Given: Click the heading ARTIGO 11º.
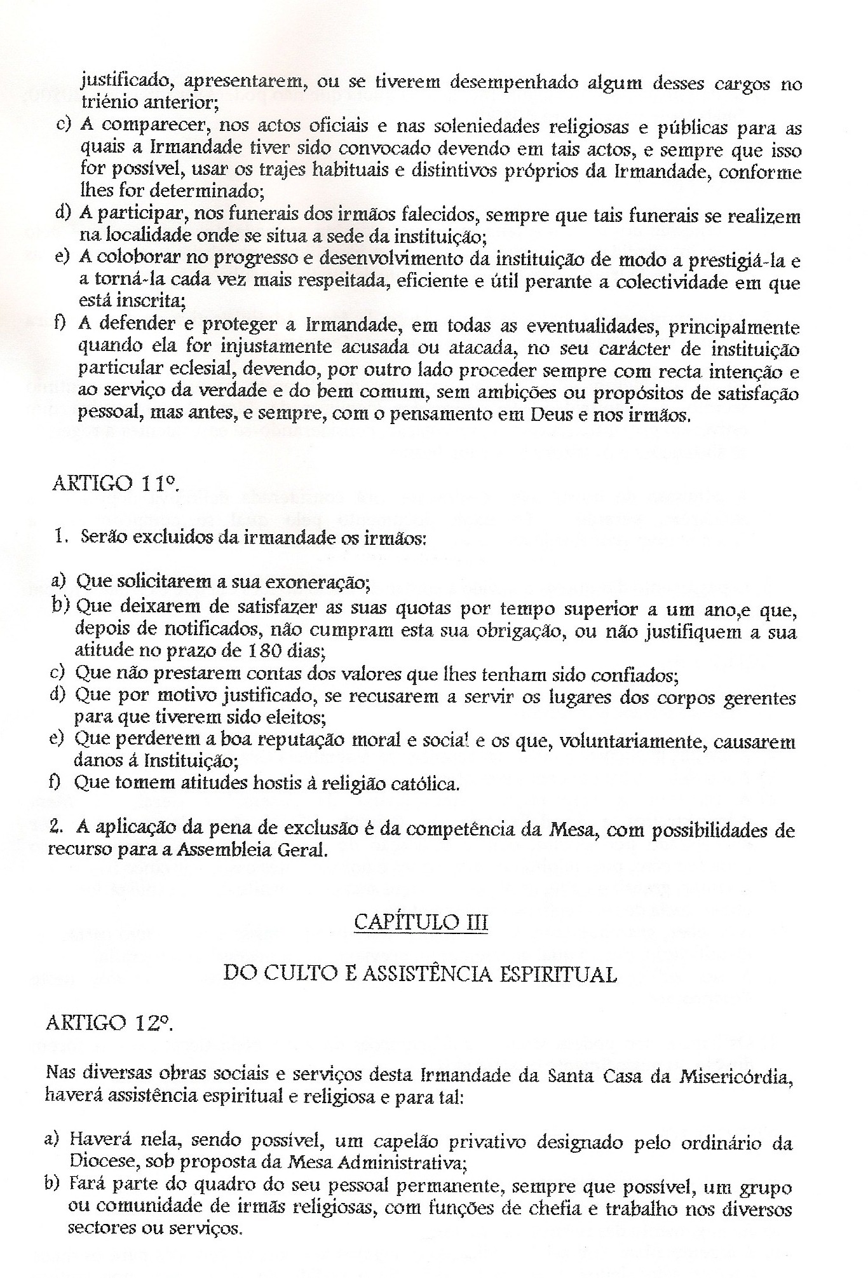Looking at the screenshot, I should click(x=109, y=485).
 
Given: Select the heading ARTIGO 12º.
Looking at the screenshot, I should click(x=109, y=1022).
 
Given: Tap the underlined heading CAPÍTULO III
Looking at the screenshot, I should click(x=421, y=922).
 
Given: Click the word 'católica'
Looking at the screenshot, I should click(x=425, y=784).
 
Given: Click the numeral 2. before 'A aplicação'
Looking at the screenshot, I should click(x=57, y=828).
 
